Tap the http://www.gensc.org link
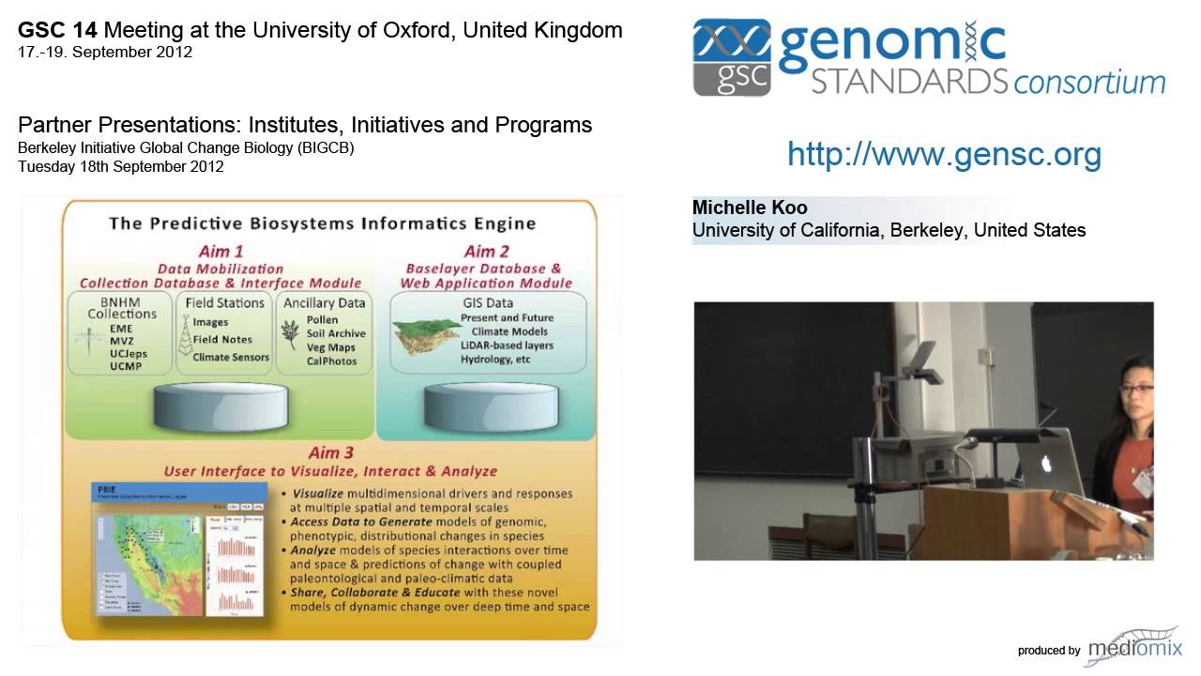pyautogui.click(x=944, y=154)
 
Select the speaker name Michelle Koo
pyautogui.click(x=750, y=207)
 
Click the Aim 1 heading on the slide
pyautogui.click(x=221, y=252)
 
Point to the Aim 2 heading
pyautogui.click(x=486, y=252)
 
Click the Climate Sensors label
pyautogui.click(x=231, y=357)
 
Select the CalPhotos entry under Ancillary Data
pyautogui.click(x=331, y=361)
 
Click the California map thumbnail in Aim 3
pyautogui.click(x=147, y=562)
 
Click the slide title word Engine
pyautogui.click(x=500, y=223)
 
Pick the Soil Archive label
pyautogui.click(x=336, y=333)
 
